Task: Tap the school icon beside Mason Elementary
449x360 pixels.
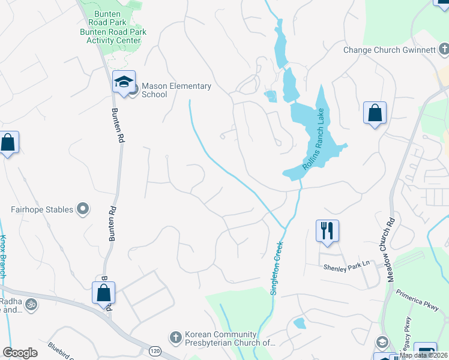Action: click(x=124, y=82)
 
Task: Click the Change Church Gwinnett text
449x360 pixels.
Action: click(x=389, y=50)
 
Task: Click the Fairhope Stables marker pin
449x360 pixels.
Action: click(x=83, y=209)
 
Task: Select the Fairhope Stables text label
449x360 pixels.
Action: click(x=42, y=210)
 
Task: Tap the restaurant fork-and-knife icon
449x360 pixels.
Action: click(x=327, y=230)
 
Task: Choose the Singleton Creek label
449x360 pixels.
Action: click(x=278, y=262)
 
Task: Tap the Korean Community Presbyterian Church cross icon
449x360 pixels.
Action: click(x=175, y=338)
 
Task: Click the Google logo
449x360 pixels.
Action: click(x=20, y=353)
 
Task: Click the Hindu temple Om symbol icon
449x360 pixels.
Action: click(x=31, y=305)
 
